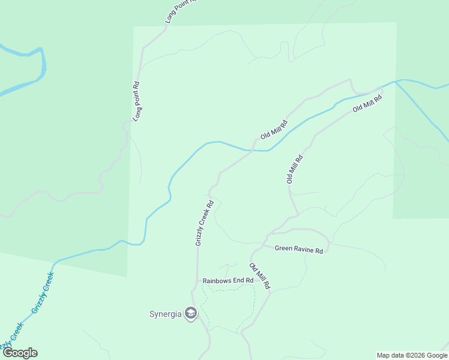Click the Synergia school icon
pos(191,313)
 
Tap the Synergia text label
pos(166,313)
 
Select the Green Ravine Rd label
pos(299,249)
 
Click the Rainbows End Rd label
pos(228,280)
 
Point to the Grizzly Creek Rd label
pos(205,223)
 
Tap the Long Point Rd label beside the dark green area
pos(137,102)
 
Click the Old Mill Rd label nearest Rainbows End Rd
pos(261,277)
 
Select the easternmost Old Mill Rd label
pos(367,103)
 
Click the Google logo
pos(19,353)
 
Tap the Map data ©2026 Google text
pos(412,355)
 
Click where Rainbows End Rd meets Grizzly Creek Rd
pos(197,280)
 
